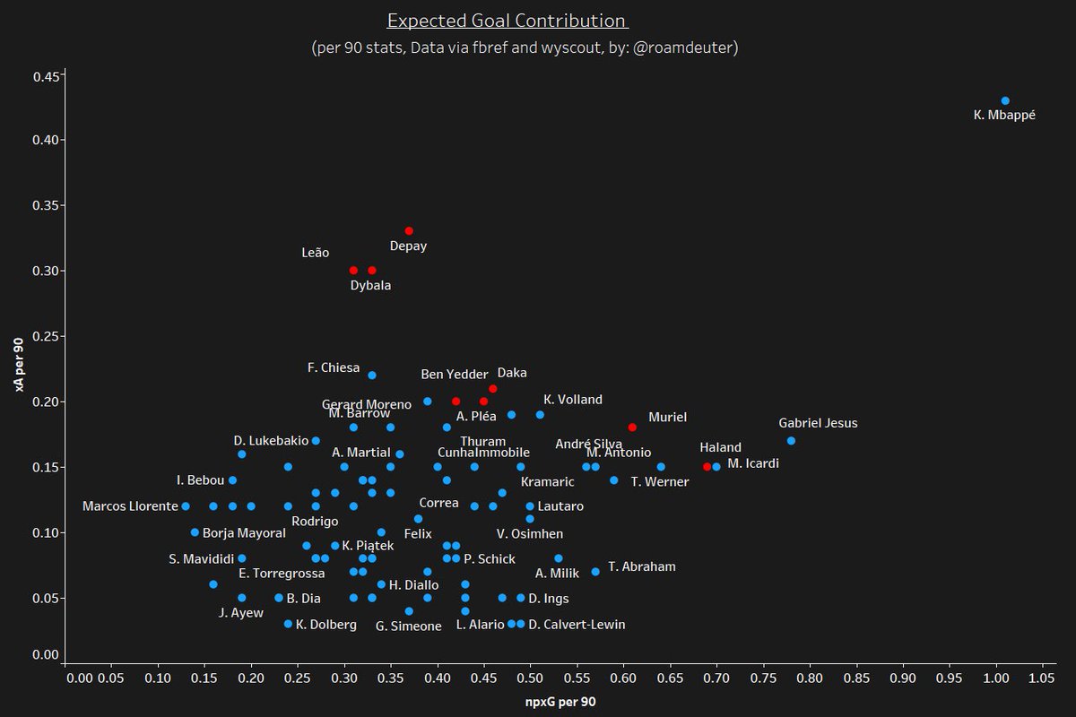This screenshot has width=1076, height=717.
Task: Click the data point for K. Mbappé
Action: click(x=1005, y=100)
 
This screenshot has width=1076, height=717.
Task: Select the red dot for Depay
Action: click(x=409, y=231)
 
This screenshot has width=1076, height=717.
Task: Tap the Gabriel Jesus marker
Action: click(x=791, y=441)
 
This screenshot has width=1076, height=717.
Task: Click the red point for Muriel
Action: click(x=632, y=428)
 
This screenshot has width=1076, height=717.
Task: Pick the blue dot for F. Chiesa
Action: click(x=372, y=376)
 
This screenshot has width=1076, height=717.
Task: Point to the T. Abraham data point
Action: click(x=595, y=572)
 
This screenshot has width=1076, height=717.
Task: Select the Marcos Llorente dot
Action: click(x=186, y=506)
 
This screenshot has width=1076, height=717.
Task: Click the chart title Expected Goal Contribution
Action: click(x=507, y=21)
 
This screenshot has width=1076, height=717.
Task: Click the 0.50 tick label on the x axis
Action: click(x=530, y=678)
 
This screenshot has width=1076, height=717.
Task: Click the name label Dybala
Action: click(x=370, y=286)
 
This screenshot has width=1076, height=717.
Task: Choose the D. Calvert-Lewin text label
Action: click(x=577, y=625)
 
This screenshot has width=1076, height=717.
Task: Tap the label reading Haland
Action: click(x=721, y=447)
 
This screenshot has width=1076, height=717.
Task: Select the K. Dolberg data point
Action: click(x=288, y=624)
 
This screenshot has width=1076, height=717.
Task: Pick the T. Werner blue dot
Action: click(x=661, y=467)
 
